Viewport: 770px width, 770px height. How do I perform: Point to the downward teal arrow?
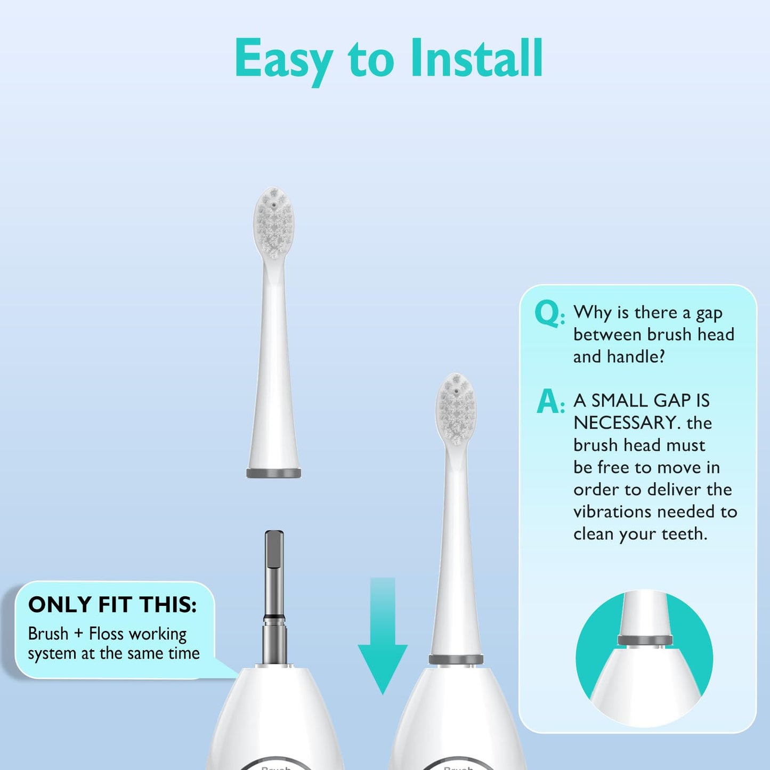coord(383,634)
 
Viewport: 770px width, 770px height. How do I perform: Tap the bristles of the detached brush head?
coord(273,224)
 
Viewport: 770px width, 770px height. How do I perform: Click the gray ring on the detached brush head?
coord(273,473)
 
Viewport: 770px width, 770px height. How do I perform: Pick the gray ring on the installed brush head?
coord(456,660)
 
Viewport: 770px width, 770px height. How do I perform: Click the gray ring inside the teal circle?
coord(645,640)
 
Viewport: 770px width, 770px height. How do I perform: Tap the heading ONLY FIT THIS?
coord(112,605)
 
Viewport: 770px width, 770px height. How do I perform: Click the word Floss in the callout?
coord(107,634)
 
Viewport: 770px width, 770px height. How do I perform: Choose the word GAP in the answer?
coord(667,400)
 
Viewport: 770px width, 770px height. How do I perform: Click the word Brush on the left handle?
coord(275,767)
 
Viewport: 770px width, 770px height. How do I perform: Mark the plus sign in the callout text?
coord(79,634)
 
